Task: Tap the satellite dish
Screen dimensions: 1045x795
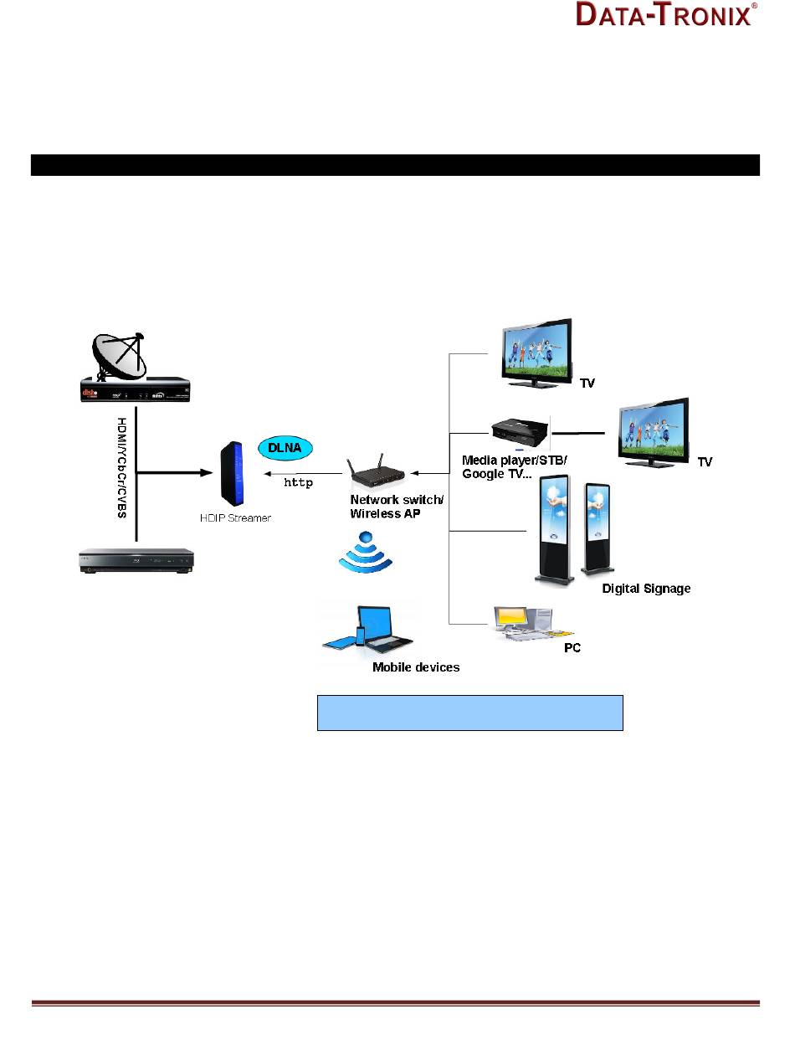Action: (120, 355)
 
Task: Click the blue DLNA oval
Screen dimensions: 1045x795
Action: (285, 449)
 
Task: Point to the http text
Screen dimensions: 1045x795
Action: (299, 482)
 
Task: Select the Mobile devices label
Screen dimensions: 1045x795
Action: (416, 667)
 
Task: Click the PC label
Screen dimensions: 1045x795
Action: (572, 648)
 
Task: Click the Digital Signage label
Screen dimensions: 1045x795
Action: (646, 589)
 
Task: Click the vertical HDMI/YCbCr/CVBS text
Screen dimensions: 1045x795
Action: (122, 467)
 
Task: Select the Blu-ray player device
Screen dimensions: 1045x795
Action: (136, 561)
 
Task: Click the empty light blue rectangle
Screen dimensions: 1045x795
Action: (469, 713)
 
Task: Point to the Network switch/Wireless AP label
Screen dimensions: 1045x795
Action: (386, 506)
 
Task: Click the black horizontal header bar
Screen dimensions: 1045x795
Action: (395, 165)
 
